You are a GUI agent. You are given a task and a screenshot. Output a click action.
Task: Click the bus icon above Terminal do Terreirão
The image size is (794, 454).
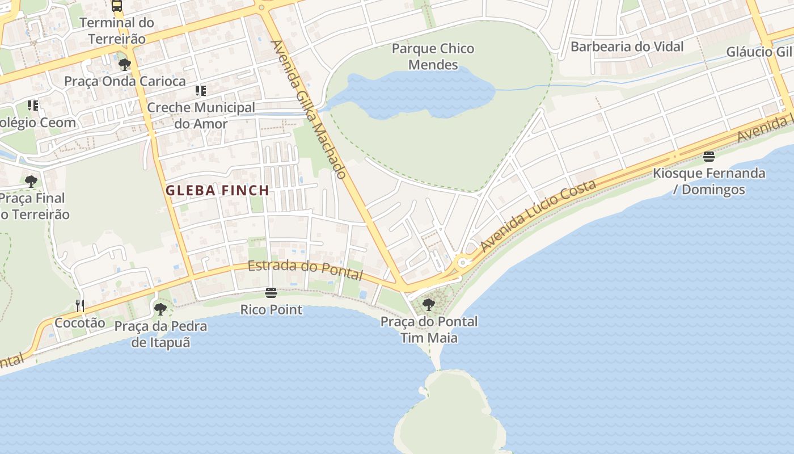(117, 6)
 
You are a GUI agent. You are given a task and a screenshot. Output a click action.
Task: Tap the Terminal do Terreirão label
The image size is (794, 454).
(117, 31)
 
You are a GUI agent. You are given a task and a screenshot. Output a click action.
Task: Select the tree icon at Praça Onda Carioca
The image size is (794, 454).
(125, 64)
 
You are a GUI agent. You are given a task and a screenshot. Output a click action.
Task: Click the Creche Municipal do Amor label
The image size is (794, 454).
(201, 115)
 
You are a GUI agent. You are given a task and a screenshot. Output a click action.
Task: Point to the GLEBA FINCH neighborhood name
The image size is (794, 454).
(217, 191)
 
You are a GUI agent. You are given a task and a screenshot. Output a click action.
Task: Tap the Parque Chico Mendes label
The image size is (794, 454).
(433, 56)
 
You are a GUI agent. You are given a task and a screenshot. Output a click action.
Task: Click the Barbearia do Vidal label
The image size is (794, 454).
(627, 47)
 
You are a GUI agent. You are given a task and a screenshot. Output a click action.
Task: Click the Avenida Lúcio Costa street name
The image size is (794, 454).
(538, 216)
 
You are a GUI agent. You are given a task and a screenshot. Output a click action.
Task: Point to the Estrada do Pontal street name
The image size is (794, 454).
(305, 270)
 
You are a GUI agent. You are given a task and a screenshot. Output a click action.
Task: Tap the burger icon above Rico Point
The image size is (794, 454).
(271, 293)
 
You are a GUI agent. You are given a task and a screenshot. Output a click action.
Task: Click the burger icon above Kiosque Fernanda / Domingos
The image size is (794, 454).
(708, 156)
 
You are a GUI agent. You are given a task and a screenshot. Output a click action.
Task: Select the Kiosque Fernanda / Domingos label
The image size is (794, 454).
(709, 181)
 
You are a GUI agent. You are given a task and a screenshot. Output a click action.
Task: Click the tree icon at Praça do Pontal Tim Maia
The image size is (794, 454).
(429, 305)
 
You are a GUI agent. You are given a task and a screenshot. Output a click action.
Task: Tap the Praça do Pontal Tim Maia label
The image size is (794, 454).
(429, 330)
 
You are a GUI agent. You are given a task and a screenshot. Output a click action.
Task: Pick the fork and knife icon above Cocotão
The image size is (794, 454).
(80, 306)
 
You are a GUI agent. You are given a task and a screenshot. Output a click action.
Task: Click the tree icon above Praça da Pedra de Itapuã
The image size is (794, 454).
(161, 309)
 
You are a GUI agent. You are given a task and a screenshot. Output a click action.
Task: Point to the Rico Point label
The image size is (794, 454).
(271, 310)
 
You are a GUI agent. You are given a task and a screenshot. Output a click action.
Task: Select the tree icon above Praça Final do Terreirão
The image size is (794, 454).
(31, 182)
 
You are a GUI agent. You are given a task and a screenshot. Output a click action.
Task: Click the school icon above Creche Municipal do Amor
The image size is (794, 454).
(200, 90)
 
